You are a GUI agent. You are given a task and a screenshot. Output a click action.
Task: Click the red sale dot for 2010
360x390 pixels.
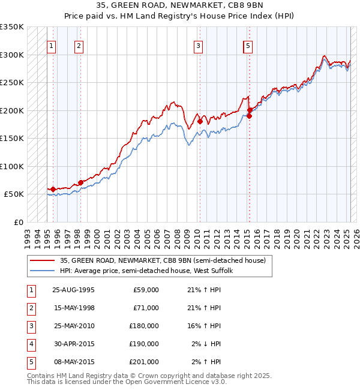[200, 122]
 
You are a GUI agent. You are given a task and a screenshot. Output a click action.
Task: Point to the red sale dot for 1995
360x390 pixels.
[53, 190]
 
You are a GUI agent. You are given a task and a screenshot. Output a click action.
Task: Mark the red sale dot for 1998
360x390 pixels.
[80, 182]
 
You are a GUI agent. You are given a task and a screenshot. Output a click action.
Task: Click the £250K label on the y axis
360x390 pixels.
[13, 83]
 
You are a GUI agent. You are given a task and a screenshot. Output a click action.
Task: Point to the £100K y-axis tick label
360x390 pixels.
[13, 166]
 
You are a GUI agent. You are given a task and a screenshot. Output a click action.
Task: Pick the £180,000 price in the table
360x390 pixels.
[144, 326]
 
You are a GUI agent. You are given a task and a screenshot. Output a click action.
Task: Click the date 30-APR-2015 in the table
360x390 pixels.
[73, 344]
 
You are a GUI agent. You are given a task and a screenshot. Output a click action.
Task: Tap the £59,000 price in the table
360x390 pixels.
[146, 290]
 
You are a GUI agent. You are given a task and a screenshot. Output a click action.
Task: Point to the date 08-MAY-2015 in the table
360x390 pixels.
[73, 362]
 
